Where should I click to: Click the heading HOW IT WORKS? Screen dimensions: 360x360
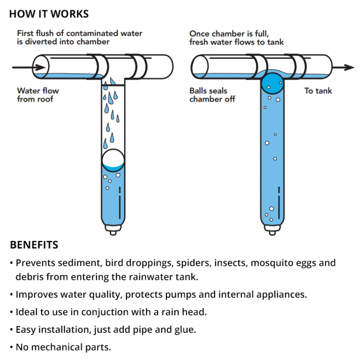coord(49,14)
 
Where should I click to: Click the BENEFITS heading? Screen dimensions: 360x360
coord(34,245)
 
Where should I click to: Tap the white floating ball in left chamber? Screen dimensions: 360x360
coord(113,160)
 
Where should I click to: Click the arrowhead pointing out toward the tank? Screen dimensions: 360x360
coord(349,67)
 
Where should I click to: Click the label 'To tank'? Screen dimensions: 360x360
coord(318,91)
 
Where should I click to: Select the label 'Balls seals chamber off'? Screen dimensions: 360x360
coord(212,95)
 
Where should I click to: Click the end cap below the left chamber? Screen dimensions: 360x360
coord(113,231)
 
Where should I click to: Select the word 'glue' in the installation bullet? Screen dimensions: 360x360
coord(186,330)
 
